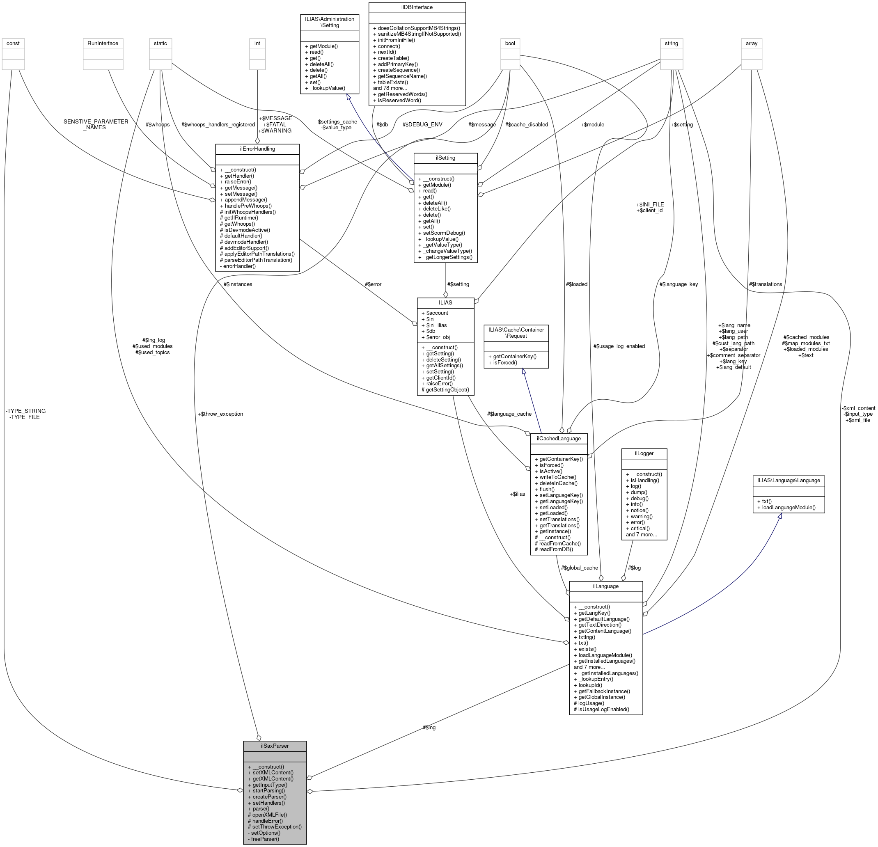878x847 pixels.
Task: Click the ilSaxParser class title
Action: coord(275,746)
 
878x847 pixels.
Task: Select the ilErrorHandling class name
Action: coord(257,149)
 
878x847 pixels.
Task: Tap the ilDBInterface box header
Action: coord(417,7)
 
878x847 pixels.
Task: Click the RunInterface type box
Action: coord(103,43)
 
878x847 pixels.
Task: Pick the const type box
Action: coord(13,43)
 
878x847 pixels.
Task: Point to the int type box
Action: coord(257,43)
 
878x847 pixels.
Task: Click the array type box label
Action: coord(751,43)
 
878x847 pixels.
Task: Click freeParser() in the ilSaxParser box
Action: coord(264,839)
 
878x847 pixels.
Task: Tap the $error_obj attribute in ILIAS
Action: coord(435,337)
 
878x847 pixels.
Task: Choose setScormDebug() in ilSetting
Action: coord(444,233)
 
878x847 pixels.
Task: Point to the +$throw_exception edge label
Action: coord(220,414)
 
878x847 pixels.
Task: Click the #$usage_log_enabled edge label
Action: coord(619,346)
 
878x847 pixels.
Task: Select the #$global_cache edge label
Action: coord(579,568)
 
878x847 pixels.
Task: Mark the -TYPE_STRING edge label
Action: coord(25,411)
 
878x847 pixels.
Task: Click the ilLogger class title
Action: coord(644,453)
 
